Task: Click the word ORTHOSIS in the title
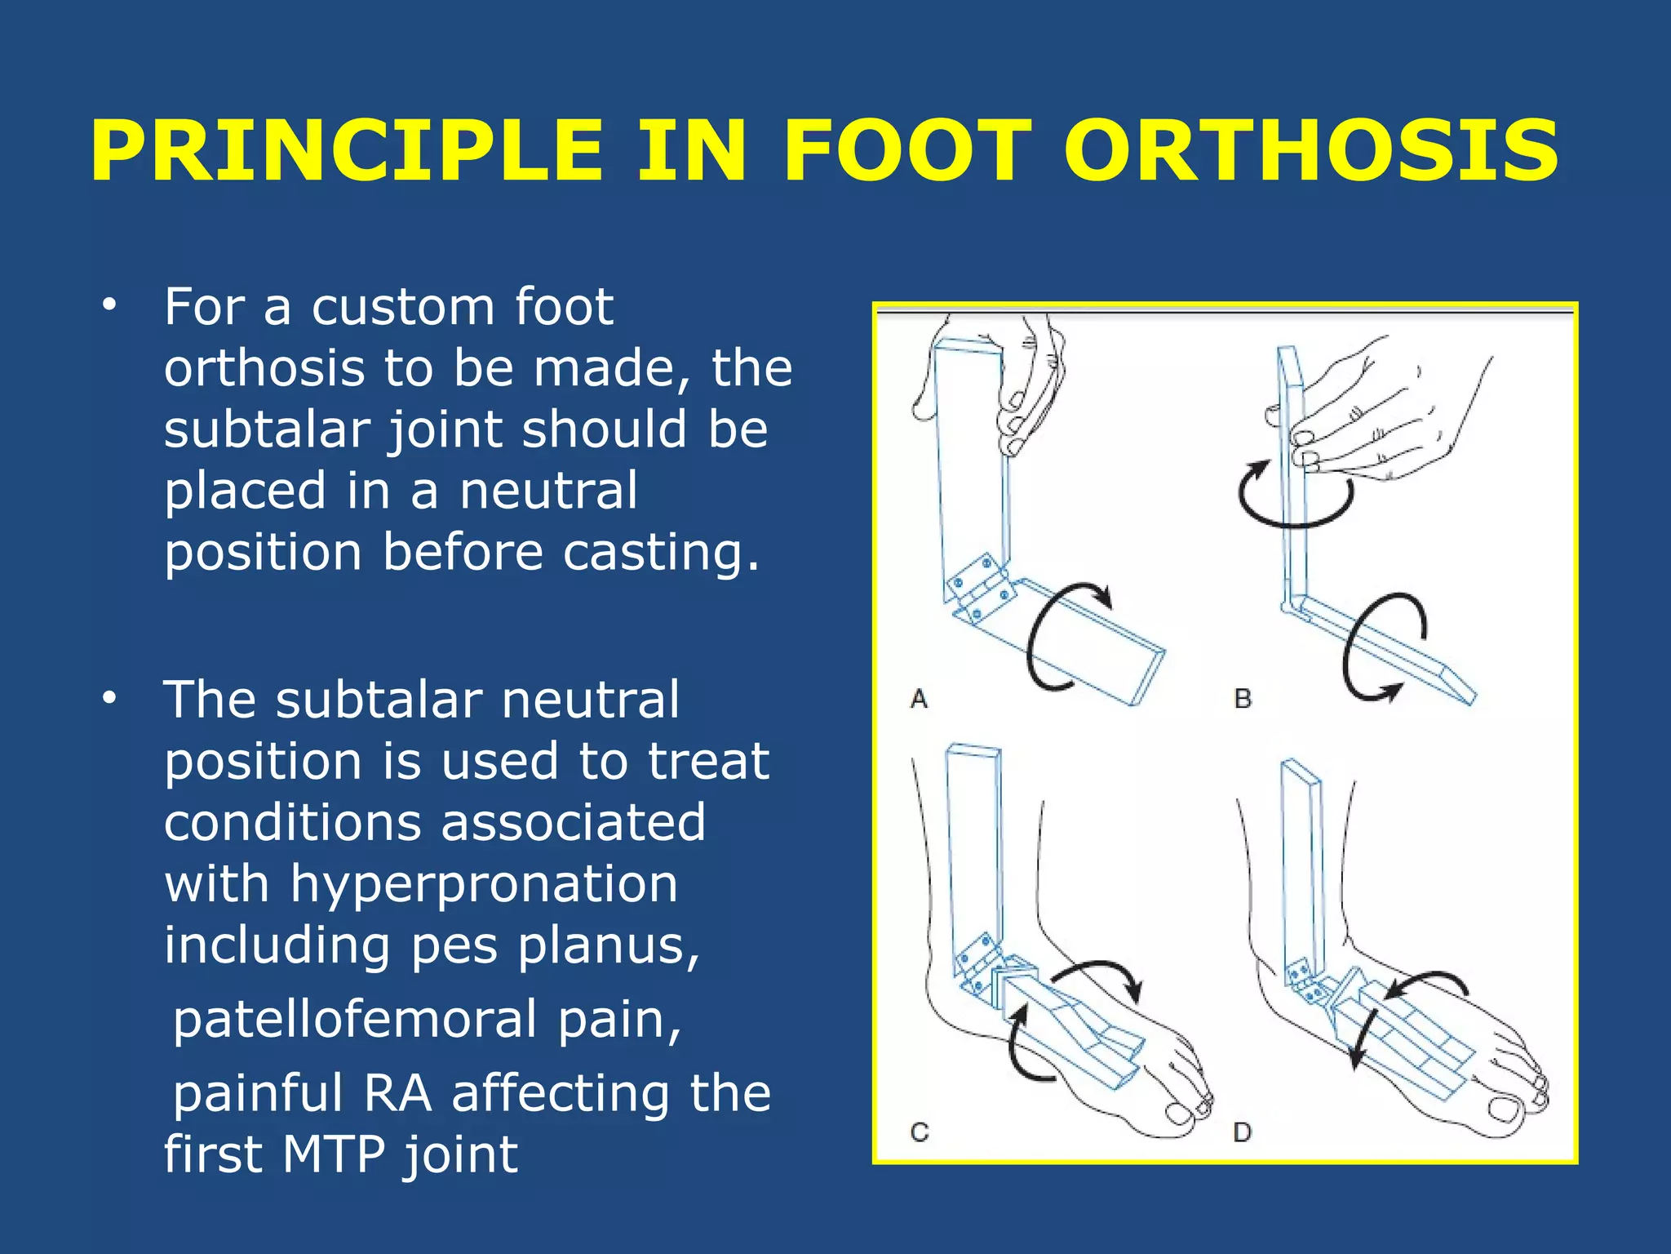pos(1311,152)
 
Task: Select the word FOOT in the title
pos(906,152)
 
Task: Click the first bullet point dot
pos(109,306)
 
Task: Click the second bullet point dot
pos(109,699)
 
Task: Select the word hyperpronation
pos(484,883)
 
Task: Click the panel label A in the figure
pos(919,700)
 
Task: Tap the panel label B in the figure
pos(1243,700)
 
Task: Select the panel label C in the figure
pos(920,1132)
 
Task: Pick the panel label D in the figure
pos(1243,1132)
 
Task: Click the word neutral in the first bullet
pos(547,491)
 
